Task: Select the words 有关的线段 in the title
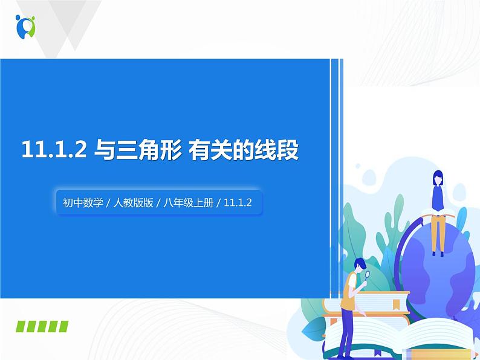[244, 150]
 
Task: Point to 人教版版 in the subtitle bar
[133, 204]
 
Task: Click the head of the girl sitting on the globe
[438, 178]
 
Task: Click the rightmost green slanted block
[63, 327]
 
